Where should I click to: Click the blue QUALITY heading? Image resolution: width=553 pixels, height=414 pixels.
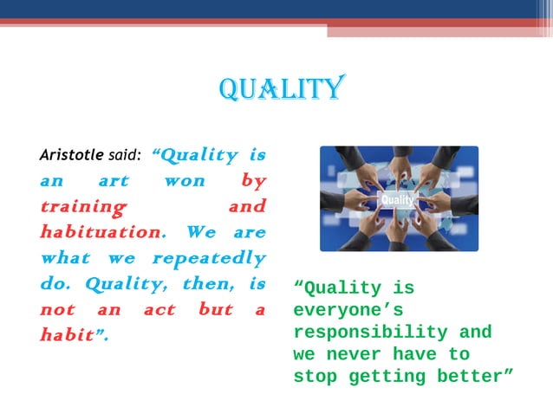[x=283, y=88]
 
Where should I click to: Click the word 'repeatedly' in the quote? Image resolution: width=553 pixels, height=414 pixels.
[x=209, y=259]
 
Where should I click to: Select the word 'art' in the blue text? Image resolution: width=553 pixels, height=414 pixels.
[x=113, y=182]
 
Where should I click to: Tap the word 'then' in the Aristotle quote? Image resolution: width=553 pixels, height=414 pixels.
[x=205, y=284]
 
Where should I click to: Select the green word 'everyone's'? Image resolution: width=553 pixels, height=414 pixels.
[x=347, y=310]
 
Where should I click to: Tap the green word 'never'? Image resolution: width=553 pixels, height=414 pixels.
[x=359, y=354]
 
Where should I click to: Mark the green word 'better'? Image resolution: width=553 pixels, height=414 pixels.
[x=476, y=377]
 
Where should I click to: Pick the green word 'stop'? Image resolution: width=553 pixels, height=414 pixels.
[x=316, y=377]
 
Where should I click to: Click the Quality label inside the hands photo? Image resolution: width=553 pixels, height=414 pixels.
[x=397, y=200]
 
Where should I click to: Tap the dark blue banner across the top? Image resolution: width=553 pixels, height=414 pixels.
[x=276, y=9]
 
